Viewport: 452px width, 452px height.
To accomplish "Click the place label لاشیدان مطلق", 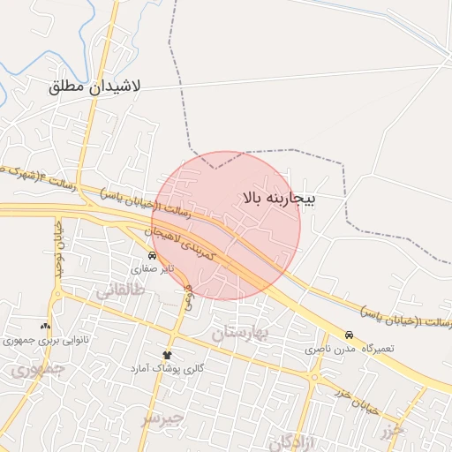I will tap(96, 87).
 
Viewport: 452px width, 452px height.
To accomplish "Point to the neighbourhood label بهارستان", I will tap(245, 332).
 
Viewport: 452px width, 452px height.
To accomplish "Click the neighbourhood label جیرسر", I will tap(162, 418).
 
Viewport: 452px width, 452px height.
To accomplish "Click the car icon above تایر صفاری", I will tap(153, 255).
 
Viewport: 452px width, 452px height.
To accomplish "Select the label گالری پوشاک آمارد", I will tap(168, 367).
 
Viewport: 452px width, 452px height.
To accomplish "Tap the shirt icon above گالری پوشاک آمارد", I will tap(167, 354).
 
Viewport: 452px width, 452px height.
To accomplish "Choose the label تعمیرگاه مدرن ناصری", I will tap(350, 349).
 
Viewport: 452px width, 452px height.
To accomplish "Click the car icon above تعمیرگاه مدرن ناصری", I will tap(350, 335).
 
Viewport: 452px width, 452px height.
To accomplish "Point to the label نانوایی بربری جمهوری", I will tap(45, 339).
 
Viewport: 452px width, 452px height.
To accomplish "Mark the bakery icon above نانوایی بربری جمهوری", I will tap(45, 326).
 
